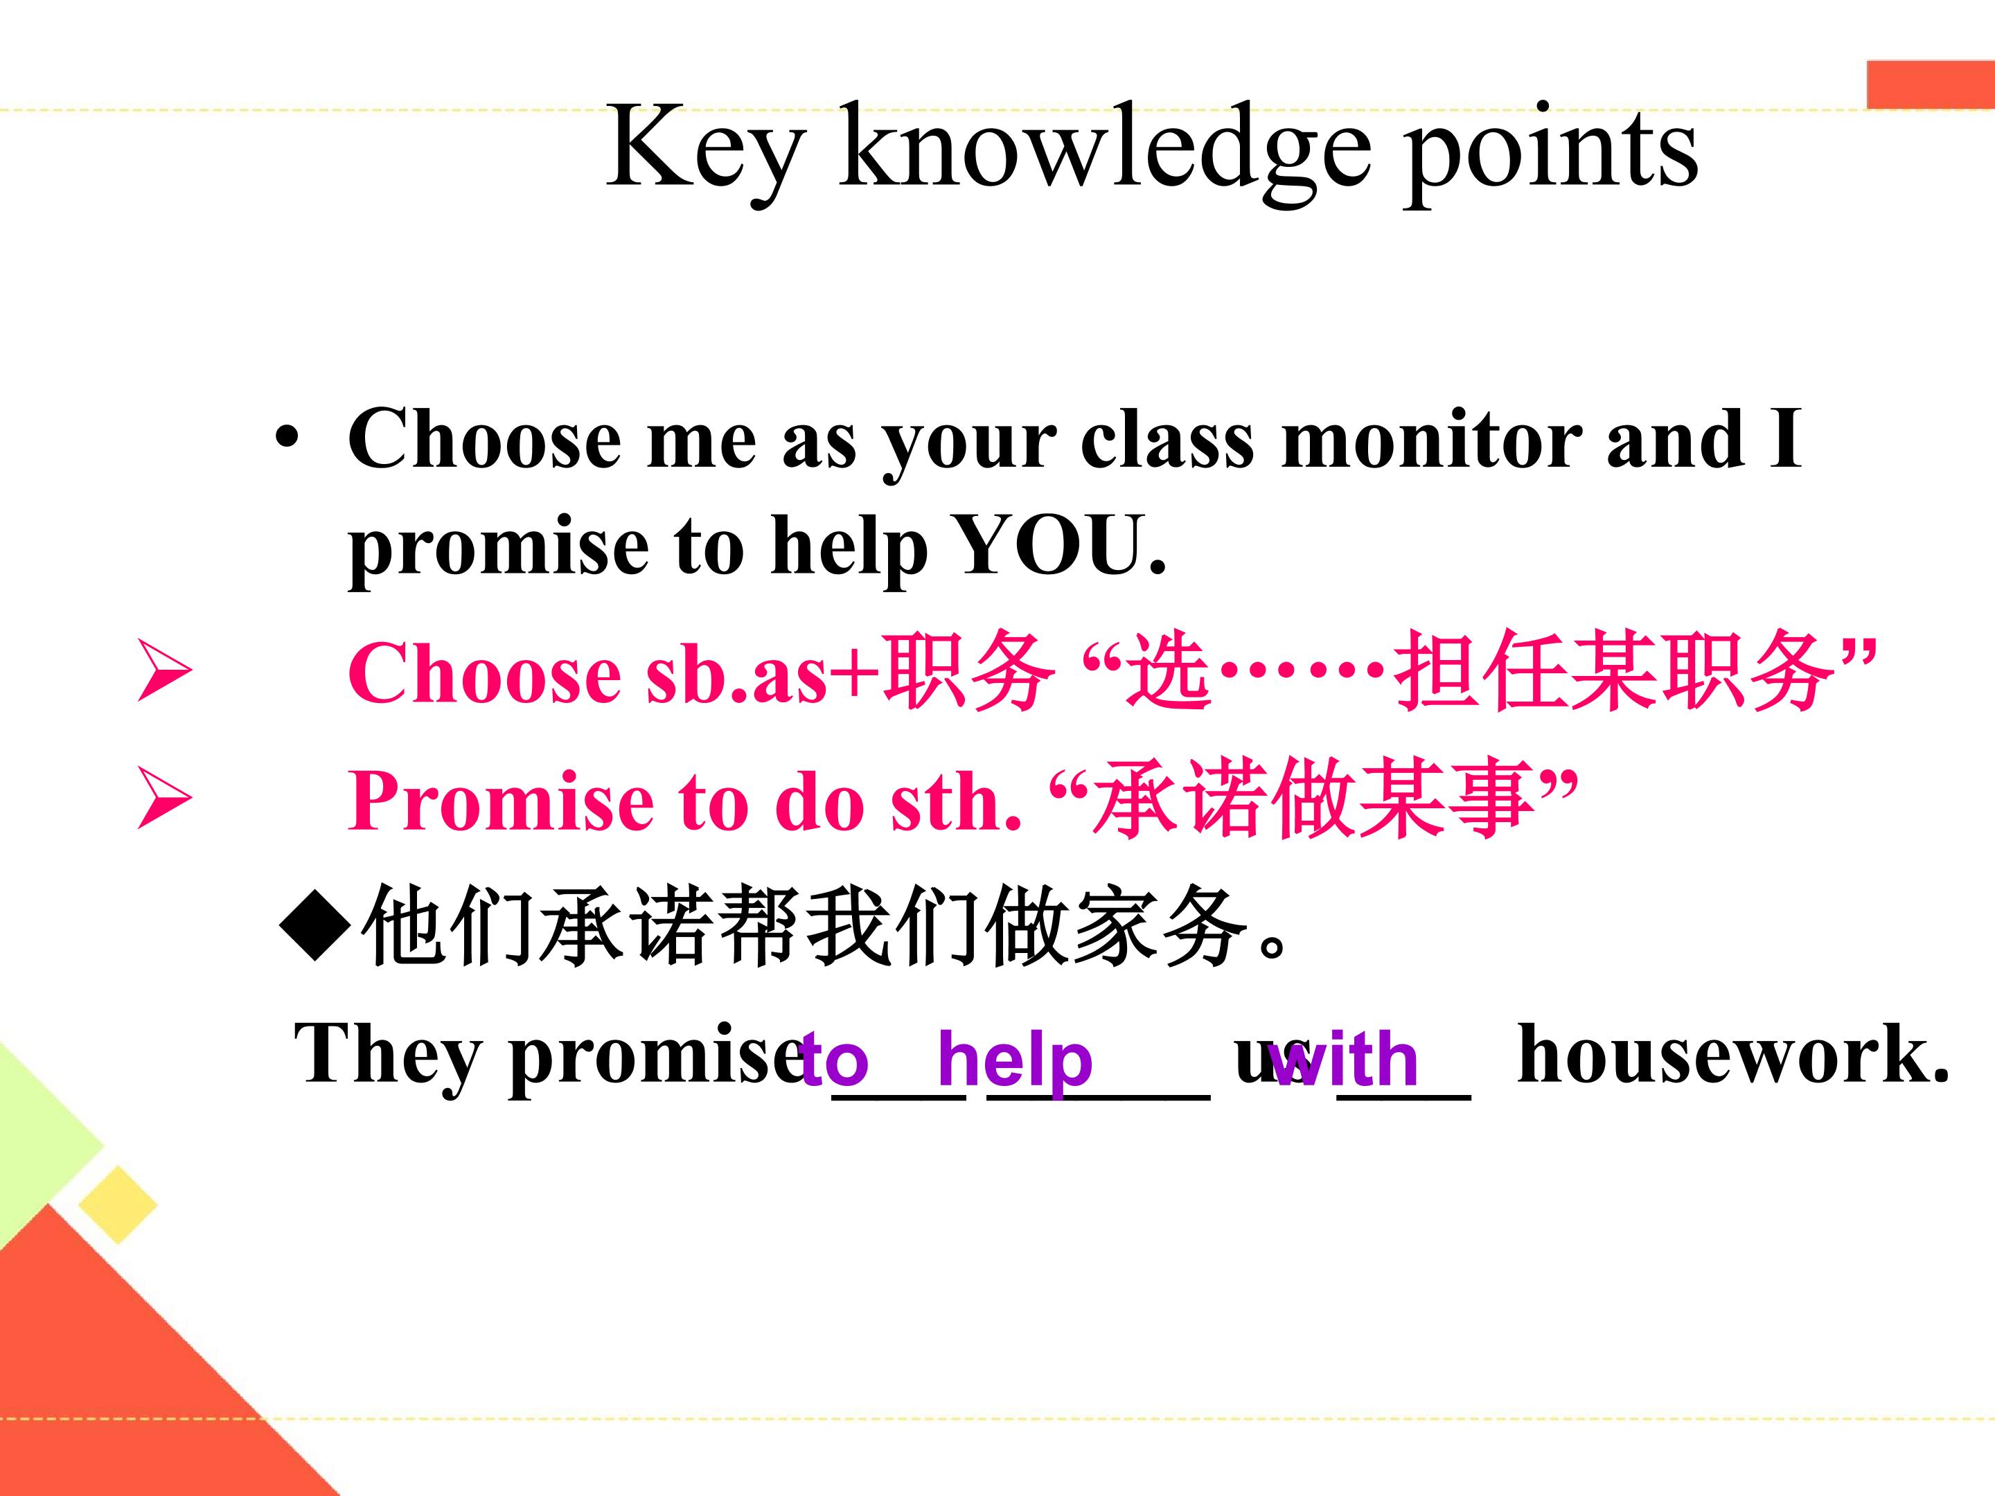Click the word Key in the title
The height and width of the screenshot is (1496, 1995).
point(704,150)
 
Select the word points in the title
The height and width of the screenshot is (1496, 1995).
point(1550,153)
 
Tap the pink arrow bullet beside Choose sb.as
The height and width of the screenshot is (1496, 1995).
point(163,671)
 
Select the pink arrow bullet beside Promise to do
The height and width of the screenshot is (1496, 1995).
point(163,799)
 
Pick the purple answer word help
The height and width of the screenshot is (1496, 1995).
point(1015,1060)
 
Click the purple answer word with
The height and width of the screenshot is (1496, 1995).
point(1342,1059)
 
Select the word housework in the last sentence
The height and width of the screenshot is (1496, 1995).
point(1733,1054)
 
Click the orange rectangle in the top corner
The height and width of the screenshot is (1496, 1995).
point(1930,84)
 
